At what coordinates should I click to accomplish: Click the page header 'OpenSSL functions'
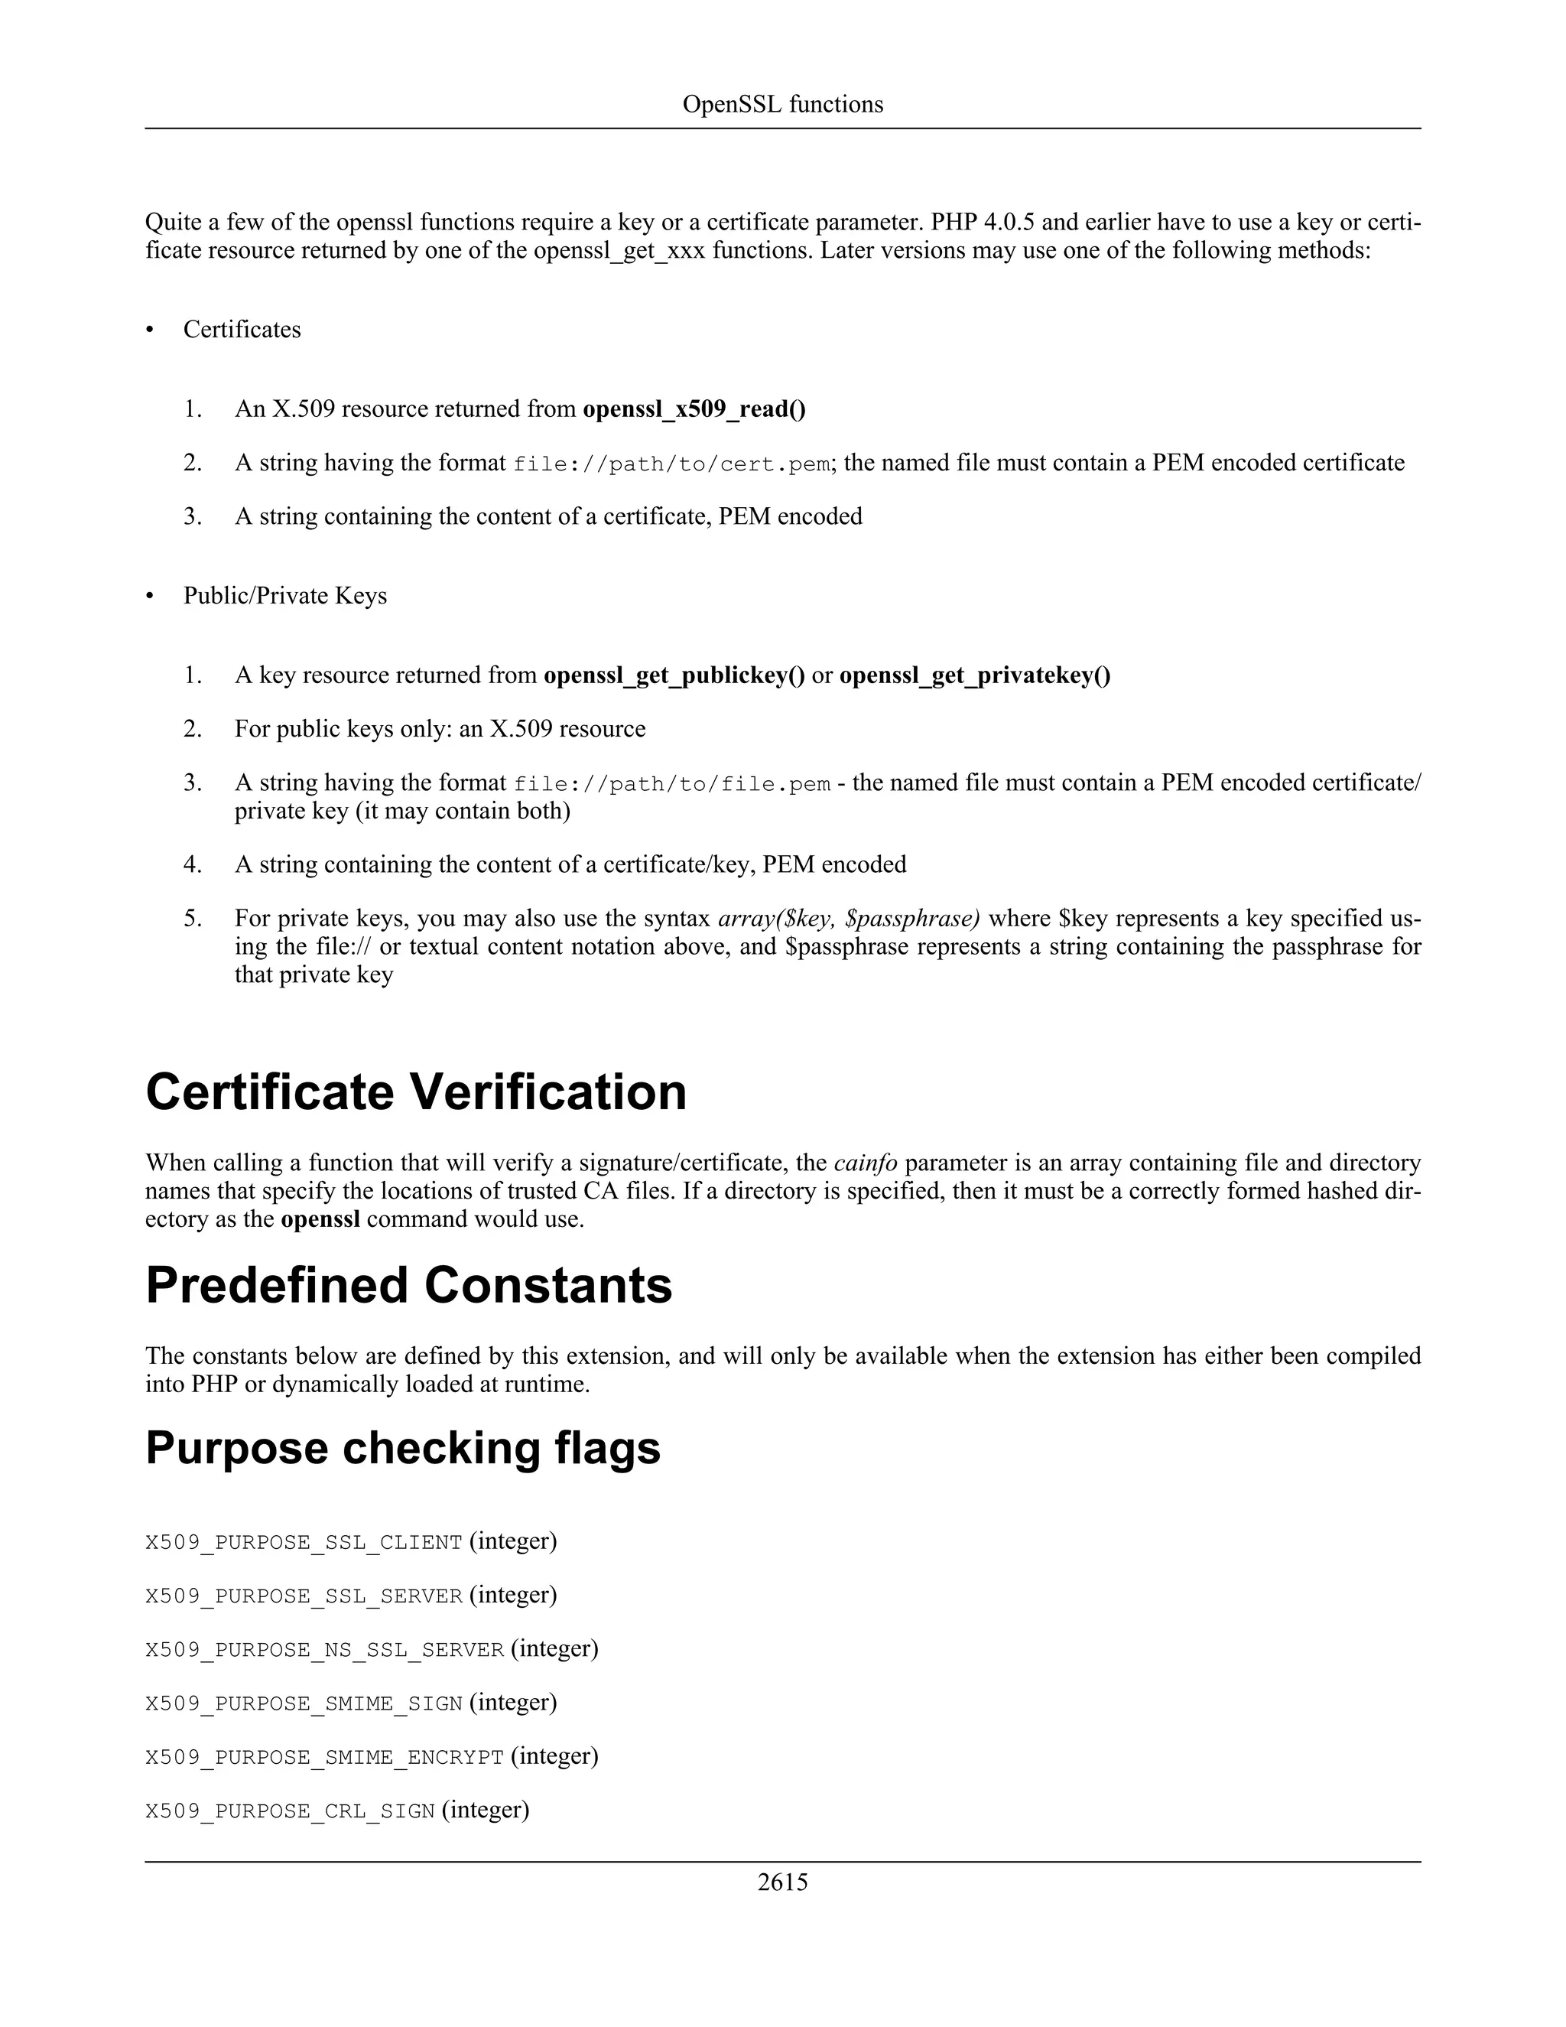pyautogui.click(x=782, y=104)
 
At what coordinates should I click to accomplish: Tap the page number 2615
pyautogui.click(x=782, y=1882)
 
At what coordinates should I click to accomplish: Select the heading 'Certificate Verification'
pyautogui.click(x=416, y=1092)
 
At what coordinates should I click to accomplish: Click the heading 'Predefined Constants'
pyautogui.click(x=408, y=1286)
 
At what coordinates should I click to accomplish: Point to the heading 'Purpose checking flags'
pyautogui.click(x=403, y=1448)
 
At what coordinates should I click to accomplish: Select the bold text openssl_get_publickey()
pyautogui.click(x=674, y=675)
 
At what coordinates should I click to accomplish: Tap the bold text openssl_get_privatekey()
pyautogui.click(x=974, y=675)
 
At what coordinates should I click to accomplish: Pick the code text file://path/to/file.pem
pyautogui.click(x=671, y=784)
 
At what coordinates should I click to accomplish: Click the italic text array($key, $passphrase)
pyautogui.click(x=848, y=918)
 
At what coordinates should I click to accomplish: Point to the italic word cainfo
pyautogui.click(x=865, y=1163)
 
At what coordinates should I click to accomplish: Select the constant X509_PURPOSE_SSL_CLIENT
pyautogui.click(x=304, y=1543)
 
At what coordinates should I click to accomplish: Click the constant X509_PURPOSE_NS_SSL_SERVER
pyautogui.click(x=323, y=1650)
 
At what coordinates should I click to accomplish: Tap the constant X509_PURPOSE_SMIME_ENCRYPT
pyautogui.click(x=323, y=1758)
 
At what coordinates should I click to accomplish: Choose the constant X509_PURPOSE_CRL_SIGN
pyautogui.click(x=290, y=1811)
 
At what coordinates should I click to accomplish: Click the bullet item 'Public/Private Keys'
pyautogui.click(x=284, y=596)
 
